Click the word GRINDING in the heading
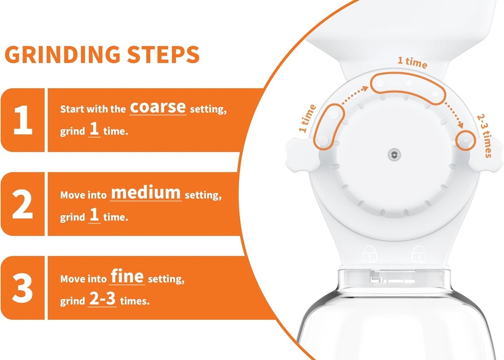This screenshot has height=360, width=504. tap(63, 54)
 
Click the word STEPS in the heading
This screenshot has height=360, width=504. tap(163, 54)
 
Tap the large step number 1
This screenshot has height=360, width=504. tap(23, 120)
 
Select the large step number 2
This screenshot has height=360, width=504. tap(23, 204)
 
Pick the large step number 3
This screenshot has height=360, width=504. tap(23, 288)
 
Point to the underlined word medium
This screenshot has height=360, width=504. tap(146, 193)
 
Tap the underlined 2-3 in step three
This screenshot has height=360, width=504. tap(102, 299)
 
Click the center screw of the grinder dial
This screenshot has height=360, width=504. tap(394, 155)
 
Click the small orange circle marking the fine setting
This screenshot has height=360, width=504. tap(466, 140)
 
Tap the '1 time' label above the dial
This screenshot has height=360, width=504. tap(412, 62)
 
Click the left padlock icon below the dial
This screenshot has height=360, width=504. tap(370, 254)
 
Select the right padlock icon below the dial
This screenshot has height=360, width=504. tap(418, 254)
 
